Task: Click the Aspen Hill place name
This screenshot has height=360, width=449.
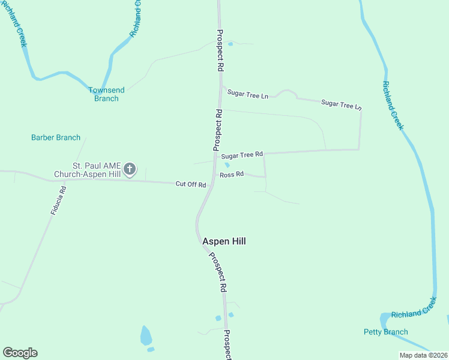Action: pyautogui.click(x=224, y=241)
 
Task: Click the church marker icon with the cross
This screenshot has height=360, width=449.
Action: pyautogui.click(x=130, y=170)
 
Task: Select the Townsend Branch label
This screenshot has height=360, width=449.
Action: pyautogui.click(x=106, y=94)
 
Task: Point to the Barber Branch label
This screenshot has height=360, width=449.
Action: pyautogui.click(x=56, y=137)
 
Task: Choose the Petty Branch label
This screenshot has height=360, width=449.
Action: pyautogui.click(x=385, y=332)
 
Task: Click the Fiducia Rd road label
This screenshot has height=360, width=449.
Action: pyautogui.click(x=58, y=200)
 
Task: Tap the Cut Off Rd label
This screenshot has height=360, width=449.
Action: pyautogui.click(x=190, y=184)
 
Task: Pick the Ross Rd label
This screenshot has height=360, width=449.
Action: pyautogui.click(x=232, y=175)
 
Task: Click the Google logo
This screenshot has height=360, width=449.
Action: pyautogui.click(x=20, y=353)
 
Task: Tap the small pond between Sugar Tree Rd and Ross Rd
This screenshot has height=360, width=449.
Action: pyautogui.click(x=227, y=166)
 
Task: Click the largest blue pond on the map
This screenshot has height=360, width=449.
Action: pyautogui.click(x=146, y=335)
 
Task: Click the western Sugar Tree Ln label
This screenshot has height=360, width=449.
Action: pyautogui.click(x=247, y=95)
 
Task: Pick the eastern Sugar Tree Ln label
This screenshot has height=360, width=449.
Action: pyautogui.click(x=342, y=104)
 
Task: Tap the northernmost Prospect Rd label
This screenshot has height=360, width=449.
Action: pyautogui.click(x=220, y=51)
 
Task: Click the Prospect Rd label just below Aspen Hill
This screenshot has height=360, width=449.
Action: pyautogui.click(x=217, y=272)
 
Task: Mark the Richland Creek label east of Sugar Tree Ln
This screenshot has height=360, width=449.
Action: pyautogui.click(x=392, y=106)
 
